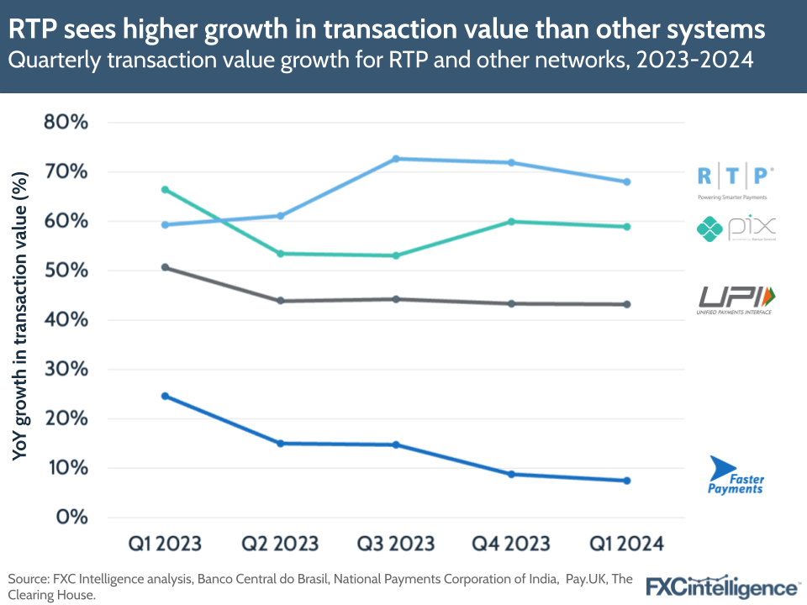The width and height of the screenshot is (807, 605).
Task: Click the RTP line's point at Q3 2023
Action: coord(396,159)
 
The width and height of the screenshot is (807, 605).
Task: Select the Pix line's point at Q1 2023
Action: coord(166,190)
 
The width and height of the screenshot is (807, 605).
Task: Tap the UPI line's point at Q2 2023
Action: coord(281,301)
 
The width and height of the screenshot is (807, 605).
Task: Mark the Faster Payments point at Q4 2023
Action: coord(511,474)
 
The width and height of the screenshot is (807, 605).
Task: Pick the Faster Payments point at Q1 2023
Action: coord(166,396)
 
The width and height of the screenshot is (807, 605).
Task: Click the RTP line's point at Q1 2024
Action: coord(626,182)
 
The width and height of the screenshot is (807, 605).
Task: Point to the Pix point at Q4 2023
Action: coord(511,222)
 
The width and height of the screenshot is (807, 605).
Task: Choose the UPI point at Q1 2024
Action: coord(626,304)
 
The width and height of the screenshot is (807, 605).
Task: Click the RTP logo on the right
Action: coord(736,180)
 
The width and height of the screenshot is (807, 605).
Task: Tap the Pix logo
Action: coord(736,228)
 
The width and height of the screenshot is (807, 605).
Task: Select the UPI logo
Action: coord(736,300)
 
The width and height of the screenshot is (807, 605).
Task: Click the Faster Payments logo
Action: coord(736,476)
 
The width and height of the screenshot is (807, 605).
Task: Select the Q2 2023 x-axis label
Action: coord(281,544)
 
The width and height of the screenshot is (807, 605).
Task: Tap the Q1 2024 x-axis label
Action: coord(626,544)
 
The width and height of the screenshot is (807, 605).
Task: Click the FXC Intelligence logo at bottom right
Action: coord(722,586)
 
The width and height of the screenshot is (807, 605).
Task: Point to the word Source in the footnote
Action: coord(29,580)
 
